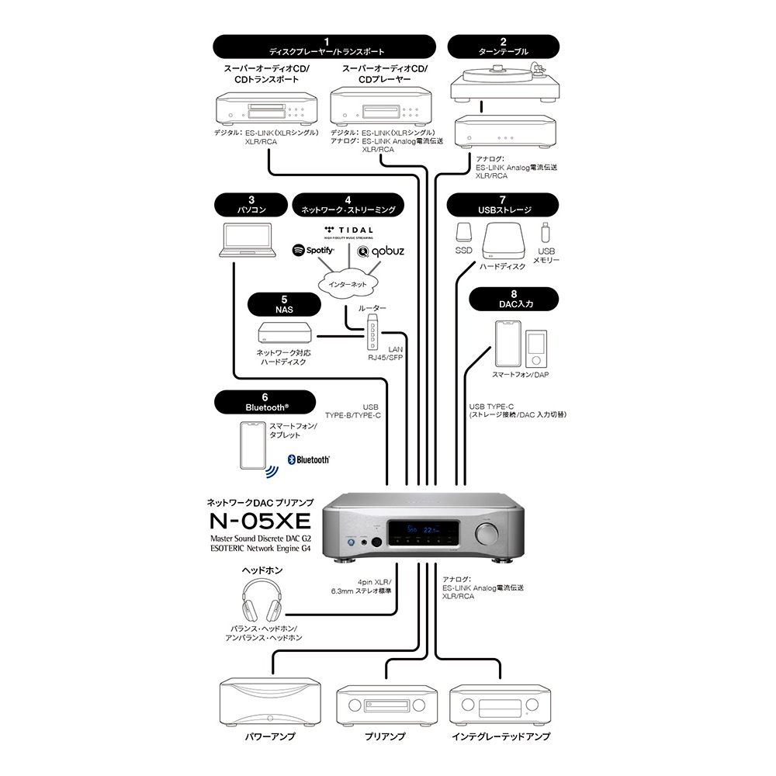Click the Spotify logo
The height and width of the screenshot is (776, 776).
point(313,251)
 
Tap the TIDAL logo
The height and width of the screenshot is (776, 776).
point(348,231)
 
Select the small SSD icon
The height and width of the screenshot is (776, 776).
point(463,233)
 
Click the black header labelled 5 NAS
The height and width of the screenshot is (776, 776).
point(284,303)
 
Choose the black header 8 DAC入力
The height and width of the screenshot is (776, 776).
point(513,299)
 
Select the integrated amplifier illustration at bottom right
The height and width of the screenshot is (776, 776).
point(494,705)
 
